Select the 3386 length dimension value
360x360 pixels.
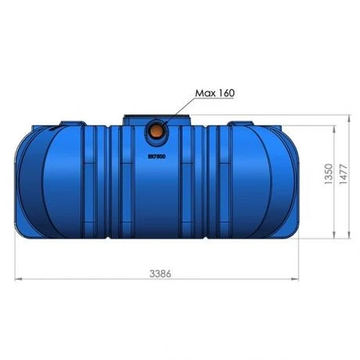(159, 274)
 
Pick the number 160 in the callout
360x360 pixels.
(225, 93)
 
